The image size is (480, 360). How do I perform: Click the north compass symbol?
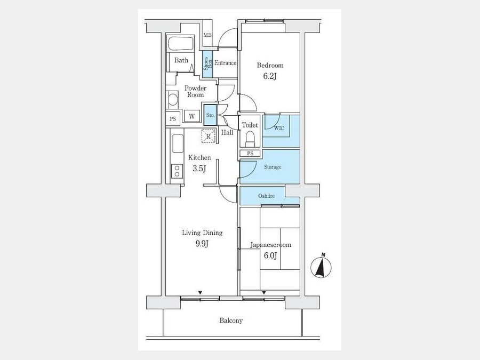[321, 267]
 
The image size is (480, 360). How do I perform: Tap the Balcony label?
[231, 321]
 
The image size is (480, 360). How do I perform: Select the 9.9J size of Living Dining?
[202, 244]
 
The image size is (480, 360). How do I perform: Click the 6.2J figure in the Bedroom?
[270, 76]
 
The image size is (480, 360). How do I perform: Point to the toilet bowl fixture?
[250, 138]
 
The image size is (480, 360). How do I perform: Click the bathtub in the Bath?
[181, 44]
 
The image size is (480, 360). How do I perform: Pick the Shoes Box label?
[207, 63]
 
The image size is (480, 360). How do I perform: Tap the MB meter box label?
[207, 35]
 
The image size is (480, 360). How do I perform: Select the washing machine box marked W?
[192, 116]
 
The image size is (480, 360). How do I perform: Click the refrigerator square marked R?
[209, 136]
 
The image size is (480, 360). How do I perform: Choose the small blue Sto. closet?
[210, 115]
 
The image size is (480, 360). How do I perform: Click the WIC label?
[279, 128]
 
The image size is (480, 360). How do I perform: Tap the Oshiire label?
[266, 196]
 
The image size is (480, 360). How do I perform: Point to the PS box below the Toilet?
[250, 154]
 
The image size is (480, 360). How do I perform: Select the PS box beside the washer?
[173, 118]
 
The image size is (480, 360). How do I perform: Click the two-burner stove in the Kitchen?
[177, 171]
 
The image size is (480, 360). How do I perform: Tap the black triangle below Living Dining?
[200, 293]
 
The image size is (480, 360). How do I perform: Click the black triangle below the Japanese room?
[263, 293]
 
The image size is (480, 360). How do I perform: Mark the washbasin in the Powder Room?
[173, 100]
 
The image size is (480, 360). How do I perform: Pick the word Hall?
[227, 133]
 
